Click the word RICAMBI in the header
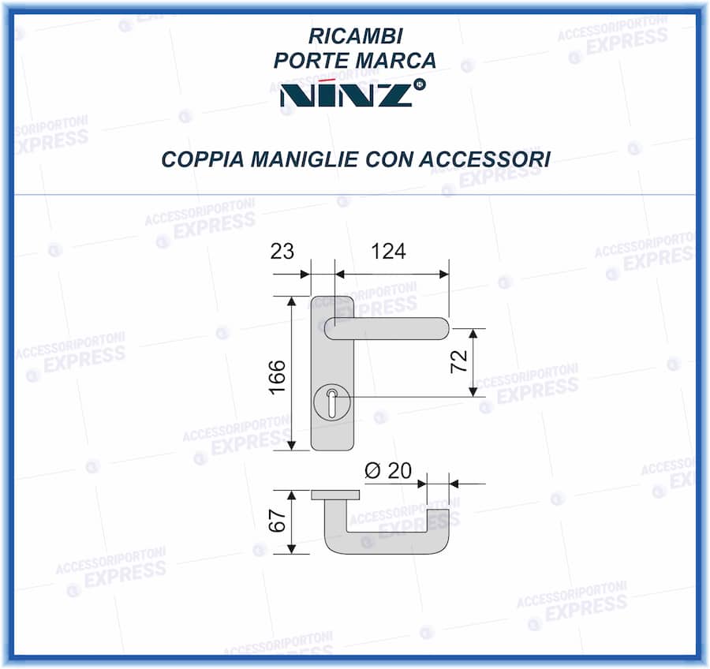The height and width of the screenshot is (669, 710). point(354,36)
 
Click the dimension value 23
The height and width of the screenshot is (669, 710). point(282,252)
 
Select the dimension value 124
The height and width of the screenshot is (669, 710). point(388,252)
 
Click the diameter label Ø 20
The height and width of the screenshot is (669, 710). point(388,471)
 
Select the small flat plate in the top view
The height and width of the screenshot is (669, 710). point(335,495)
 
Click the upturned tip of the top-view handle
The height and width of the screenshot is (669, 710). point(438,521)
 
